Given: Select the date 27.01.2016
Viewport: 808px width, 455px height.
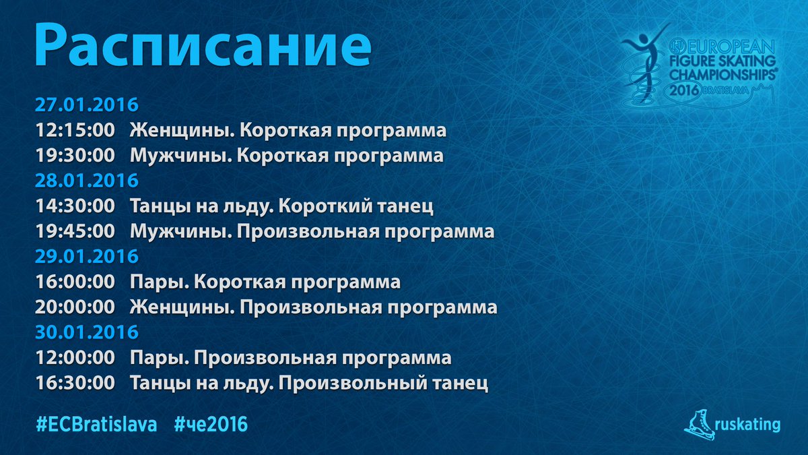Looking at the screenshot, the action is (87, 104).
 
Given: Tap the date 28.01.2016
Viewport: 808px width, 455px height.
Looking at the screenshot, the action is (87, 181).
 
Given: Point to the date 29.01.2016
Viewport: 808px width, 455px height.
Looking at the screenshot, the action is (87, 256).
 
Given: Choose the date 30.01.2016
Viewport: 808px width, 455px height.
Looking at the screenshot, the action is (87, 332).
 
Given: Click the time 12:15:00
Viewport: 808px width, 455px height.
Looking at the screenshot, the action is (75, 130).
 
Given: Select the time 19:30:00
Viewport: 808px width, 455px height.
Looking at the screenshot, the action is (75, 155).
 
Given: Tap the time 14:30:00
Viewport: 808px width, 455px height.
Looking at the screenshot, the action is (75, 206).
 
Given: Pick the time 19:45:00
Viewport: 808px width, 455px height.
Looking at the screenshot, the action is (75, 231).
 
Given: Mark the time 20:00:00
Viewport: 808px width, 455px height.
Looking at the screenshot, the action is (75, 307).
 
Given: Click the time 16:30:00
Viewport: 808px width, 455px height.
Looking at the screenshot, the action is (75, 383).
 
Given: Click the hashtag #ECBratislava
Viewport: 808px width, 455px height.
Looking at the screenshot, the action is (97, 425).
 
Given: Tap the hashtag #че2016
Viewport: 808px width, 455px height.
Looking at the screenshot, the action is (211, 425).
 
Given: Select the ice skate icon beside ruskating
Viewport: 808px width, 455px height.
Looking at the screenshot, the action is (699, 425).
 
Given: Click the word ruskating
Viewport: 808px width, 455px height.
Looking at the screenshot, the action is (747, 425).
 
